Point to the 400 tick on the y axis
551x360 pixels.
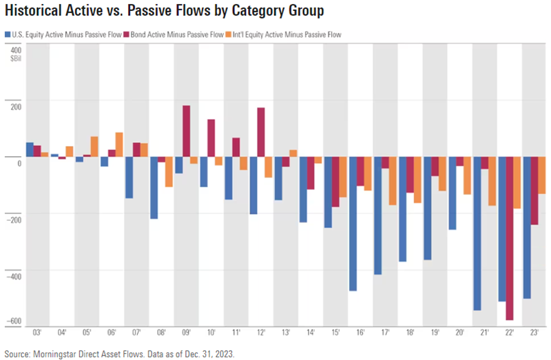(15, 49)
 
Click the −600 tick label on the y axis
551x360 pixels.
(13, 321)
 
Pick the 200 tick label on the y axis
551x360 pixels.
(15, 103)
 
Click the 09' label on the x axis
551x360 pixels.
(186, 333)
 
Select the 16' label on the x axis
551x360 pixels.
(360, 333)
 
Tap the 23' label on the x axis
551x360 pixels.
(534, 333)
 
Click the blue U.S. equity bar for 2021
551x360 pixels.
(477, 233)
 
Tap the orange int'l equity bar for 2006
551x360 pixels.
(119, 145)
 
